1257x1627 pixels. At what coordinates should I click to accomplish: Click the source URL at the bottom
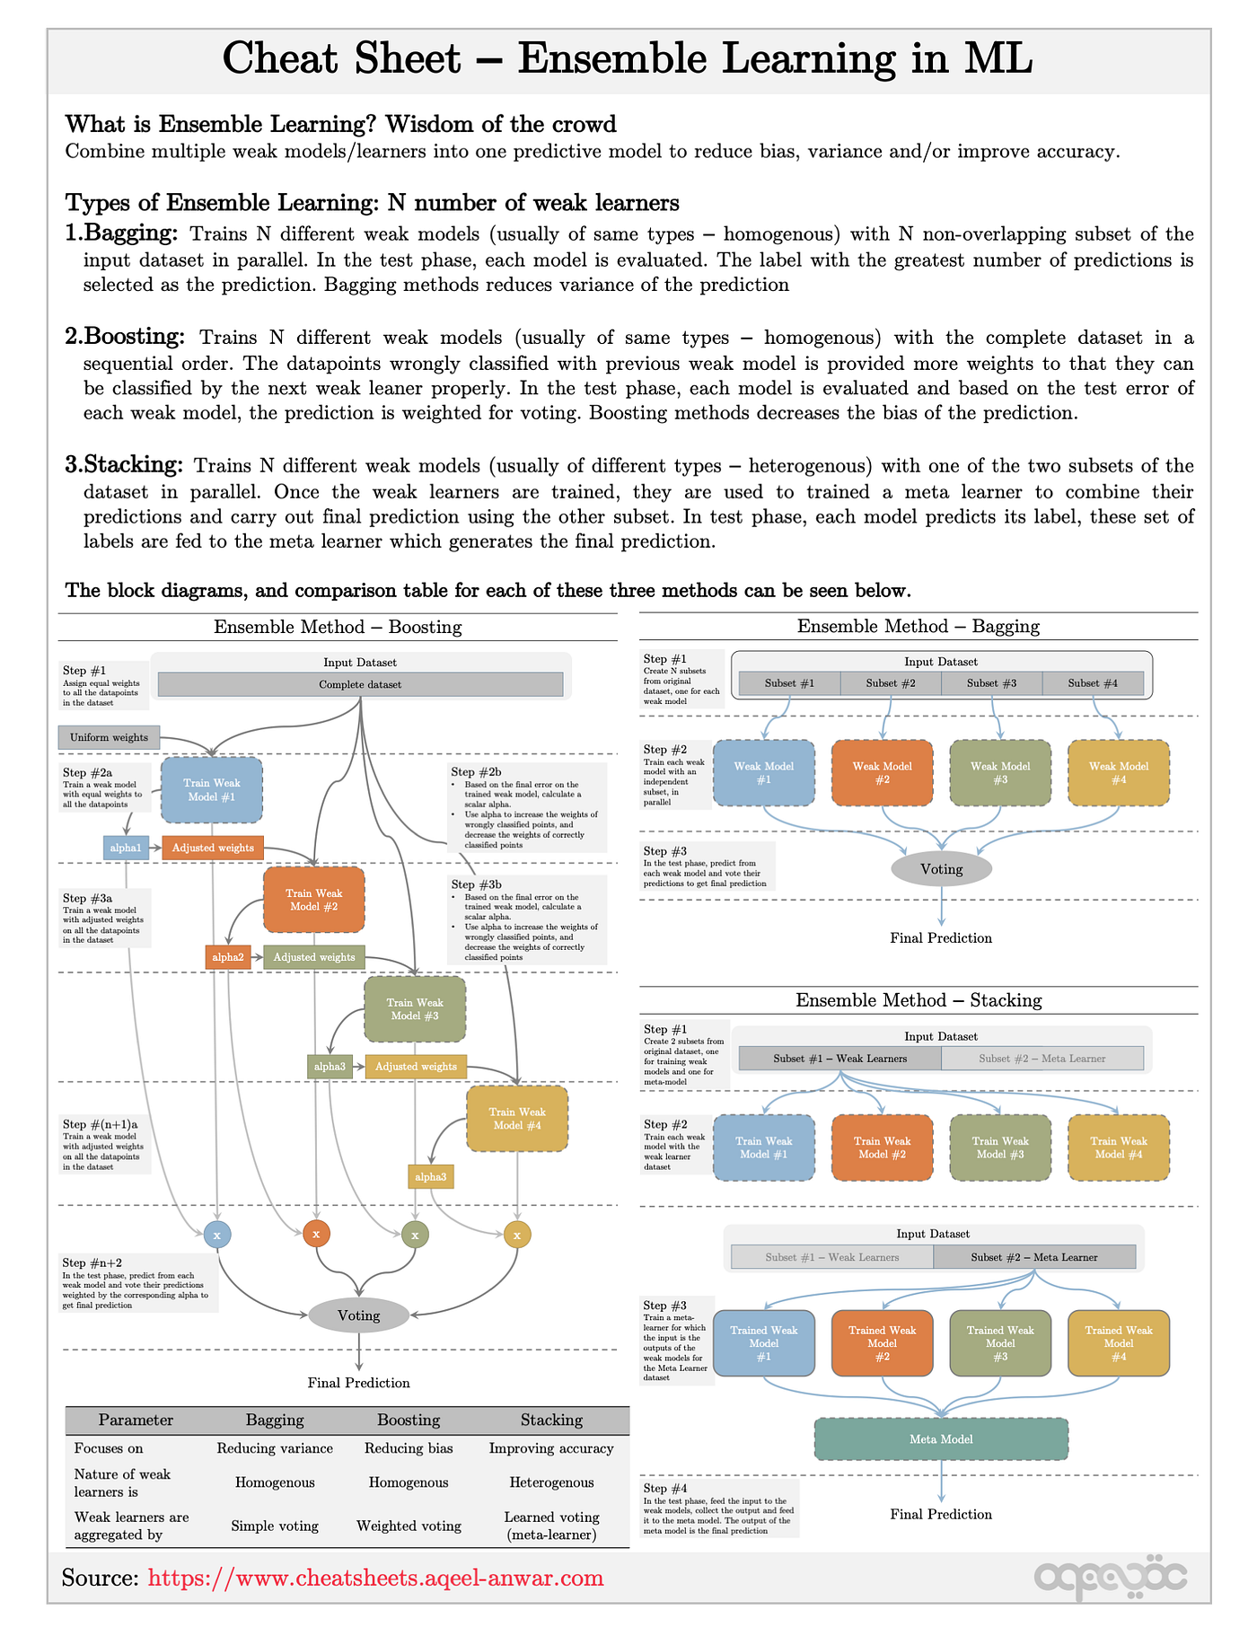(375, 1578)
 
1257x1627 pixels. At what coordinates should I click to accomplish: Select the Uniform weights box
(109, 737)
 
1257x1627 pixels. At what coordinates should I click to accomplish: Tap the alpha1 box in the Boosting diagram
(126, 848)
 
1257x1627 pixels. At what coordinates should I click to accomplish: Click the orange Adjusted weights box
(213, 848)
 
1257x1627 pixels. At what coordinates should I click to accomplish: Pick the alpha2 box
(228, 957)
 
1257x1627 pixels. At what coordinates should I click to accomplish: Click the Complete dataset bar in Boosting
(360, 684)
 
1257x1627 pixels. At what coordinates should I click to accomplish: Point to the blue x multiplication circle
(216, 1235)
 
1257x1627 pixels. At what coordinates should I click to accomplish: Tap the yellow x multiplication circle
(517, 1235)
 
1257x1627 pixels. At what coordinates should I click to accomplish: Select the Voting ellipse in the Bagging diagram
(941, 869)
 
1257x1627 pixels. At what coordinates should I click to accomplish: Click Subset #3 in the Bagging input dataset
(991, 683)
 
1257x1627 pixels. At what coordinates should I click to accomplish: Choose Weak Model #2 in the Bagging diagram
(882, 773)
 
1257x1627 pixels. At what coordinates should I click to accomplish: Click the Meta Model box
(941, 1439)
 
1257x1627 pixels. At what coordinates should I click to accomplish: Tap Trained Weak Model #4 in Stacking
(1119, 1343)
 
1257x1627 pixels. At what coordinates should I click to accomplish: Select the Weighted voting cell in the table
(409, 1526)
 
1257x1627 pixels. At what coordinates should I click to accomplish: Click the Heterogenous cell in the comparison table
(551, 1482)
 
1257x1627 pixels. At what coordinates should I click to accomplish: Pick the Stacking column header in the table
(551, 1420)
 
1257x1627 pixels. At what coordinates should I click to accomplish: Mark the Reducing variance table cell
(275, 1448)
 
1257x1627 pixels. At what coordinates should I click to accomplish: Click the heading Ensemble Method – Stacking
(919, 1000)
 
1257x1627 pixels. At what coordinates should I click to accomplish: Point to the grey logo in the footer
(1111, 1578)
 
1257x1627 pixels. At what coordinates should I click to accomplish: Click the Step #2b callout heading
(476, 771)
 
